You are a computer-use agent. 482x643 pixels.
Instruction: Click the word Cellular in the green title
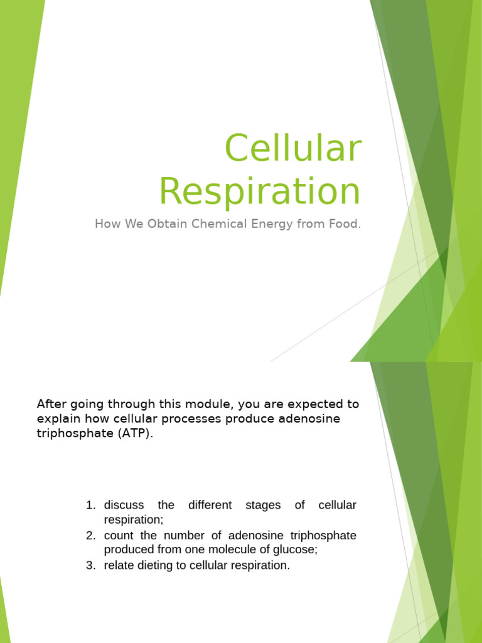(x=292, y=149)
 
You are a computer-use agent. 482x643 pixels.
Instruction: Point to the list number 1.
(x=90, y=505)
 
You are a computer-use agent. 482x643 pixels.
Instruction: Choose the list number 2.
(x=90, y=535)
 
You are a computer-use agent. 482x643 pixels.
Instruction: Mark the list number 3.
(x=90, y=565)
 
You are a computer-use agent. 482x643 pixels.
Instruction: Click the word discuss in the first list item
(x=124, y=505)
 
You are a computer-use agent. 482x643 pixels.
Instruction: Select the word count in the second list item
(x=118, y=535)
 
